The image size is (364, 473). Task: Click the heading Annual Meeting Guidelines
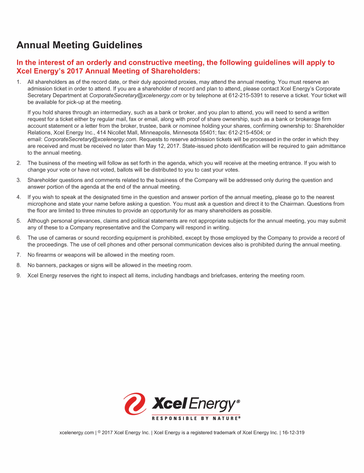tap(80, 45)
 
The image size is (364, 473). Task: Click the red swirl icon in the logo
tap(135, 404)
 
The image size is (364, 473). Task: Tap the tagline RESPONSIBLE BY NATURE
tap(196, 418)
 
